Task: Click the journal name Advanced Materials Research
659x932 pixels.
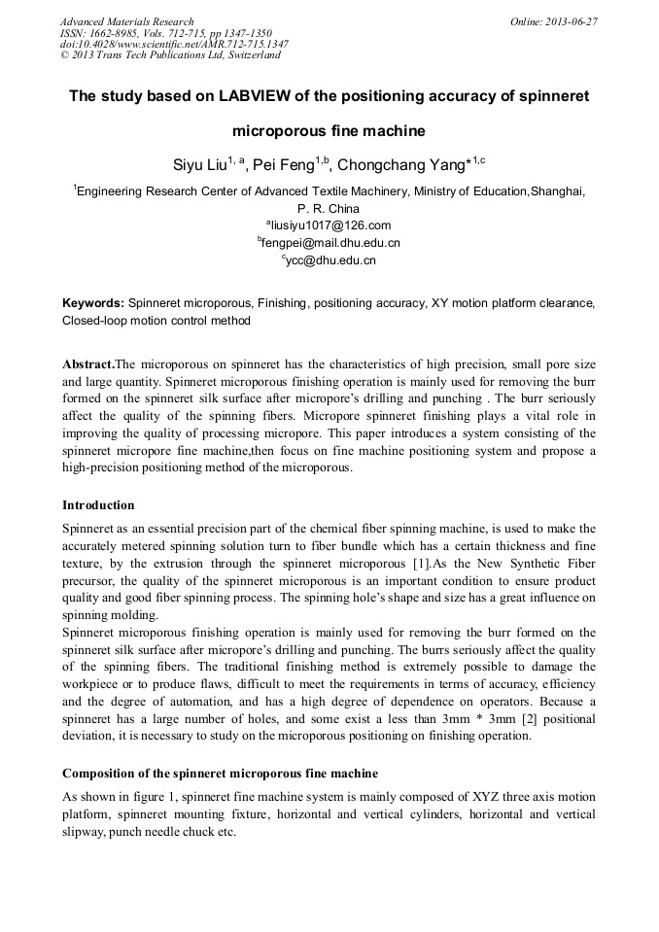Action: coord(126,21)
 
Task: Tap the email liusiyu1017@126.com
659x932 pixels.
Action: coord(329,225)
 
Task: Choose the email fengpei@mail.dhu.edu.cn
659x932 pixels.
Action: coord(329,243)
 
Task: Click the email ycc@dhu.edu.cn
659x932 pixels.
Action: coord(329,260)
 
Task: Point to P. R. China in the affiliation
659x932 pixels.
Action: coord(329,208)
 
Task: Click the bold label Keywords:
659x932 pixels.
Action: coord(92,303)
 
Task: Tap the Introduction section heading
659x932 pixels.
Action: coord(98,505)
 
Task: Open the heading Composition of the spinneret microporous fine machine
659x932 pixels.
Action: coord(220,774)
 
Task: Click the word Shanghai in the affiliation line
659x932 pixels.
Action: coord(562,191)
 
